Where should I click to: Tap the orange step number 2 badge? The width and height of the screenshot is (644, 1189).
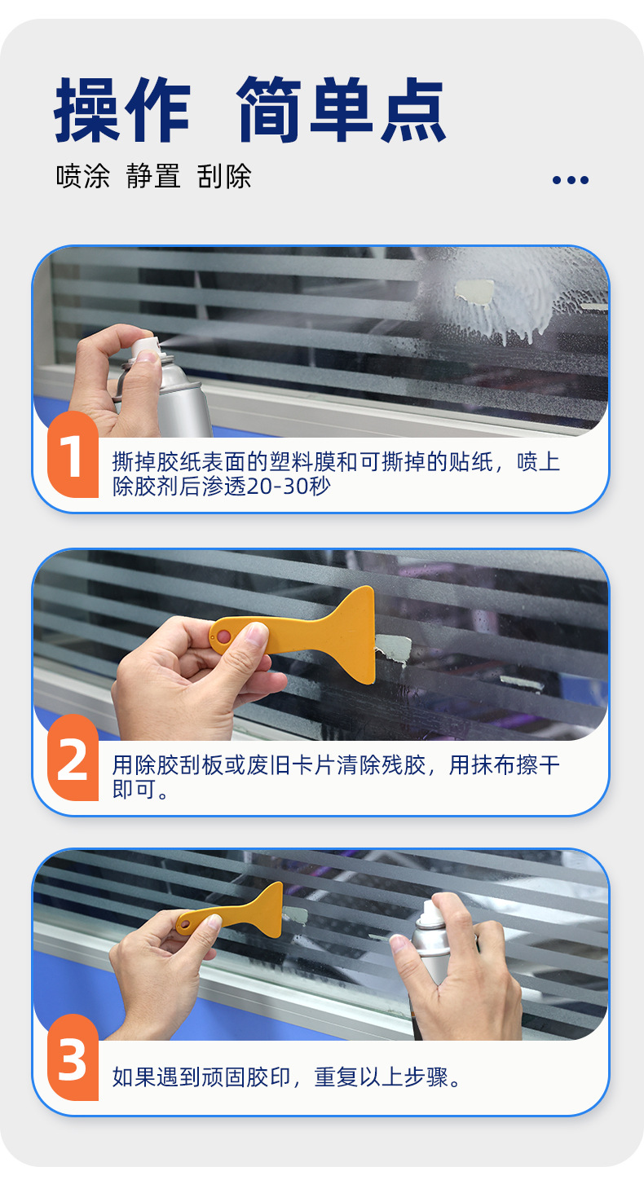73,759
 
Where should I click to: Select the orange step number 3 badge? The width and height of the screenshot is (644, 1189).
73,1059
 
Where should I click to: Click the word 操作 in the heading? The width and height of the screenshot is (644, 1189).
122,110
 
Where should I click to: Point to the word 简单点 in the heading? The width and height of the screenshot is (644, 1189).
342,110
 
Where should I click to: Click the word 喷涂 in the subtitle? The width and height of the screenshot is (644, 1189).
82,176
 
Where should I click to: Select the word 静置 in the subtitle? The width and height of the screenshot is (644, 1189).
153,176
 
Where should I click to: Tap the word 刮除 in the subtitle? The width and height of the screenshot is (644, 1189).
224,176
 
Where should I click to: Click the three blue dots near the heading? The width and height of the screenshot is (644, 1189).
570,180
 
